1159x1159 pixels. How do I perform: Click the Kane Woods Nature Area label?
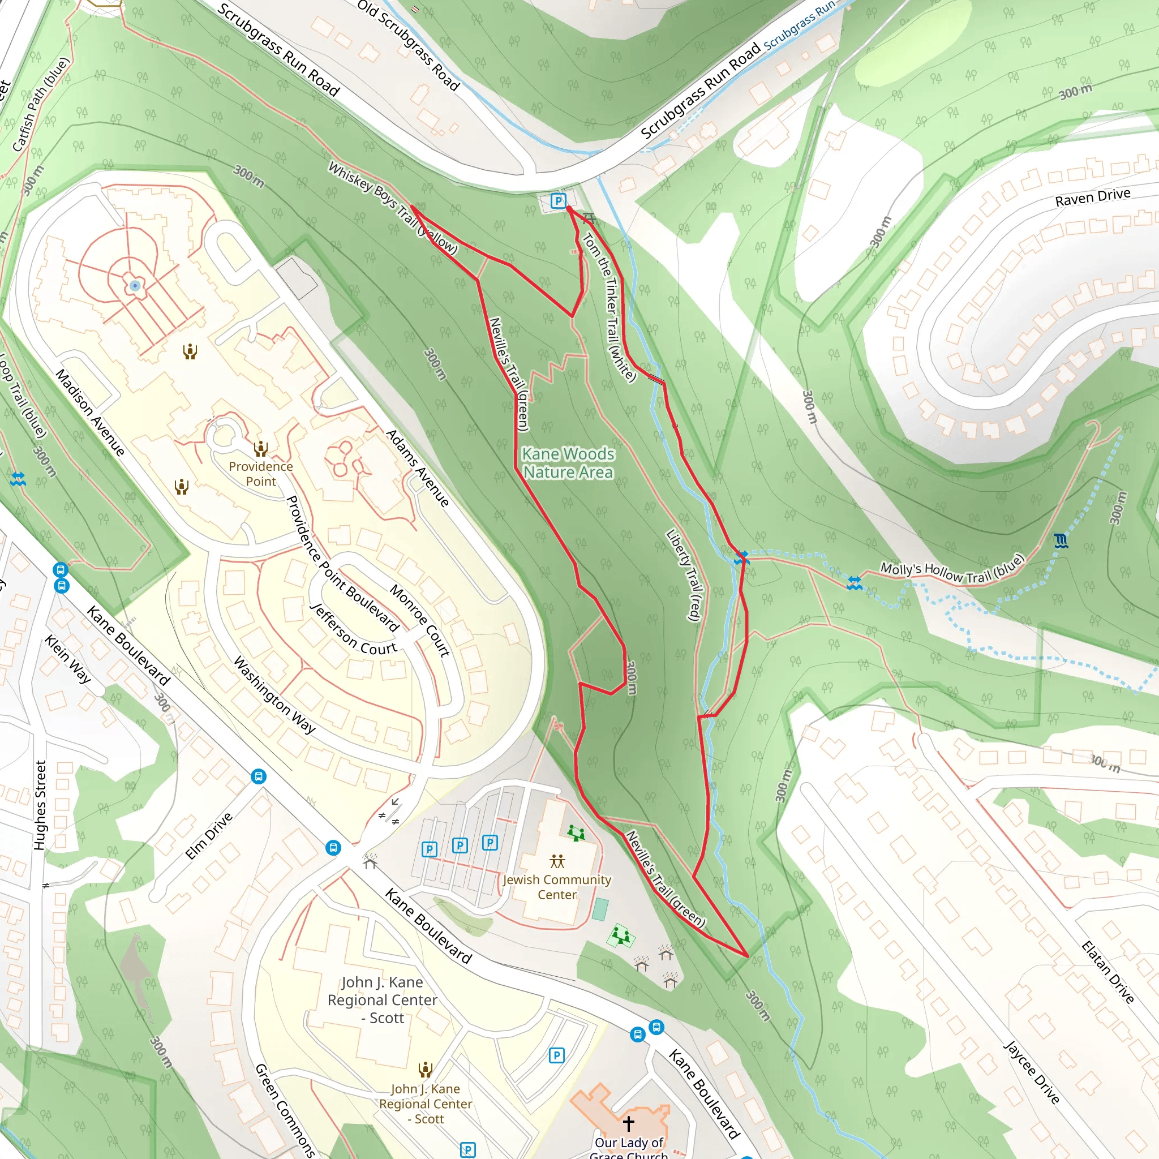(568, 463)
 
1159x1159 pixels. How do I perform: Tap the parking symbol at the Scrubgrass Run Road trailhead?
(558, 201)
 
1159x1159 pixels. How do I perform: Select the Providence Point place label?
(260, 474)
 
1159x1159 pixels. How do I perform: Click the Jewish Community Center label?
(557, 887)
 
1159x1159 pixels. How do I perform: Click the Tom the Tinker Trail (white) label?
(609, 307)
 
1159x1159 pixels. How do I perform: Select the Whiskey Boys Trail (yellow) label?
(392, 207)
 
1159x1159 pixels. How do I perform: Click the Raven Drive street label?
(1092, 197)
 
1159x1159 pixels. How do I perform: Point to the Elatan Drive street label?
(1108, 972)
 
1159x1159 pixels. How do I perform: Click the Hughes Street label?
(40, 805)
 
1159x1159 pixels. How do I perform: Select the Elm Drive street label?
(209, 836)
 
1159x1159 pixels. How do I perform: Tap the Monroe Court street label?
(420, 621)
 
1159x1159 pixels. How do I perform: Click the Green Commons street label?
(284, 1110)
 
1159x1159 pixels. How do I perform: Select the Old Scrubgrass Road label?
(409, 45)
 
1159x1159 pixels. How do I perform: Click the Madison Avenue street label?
(91, 413)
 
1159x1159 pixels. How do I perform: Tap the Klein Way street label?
(68, 659)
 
